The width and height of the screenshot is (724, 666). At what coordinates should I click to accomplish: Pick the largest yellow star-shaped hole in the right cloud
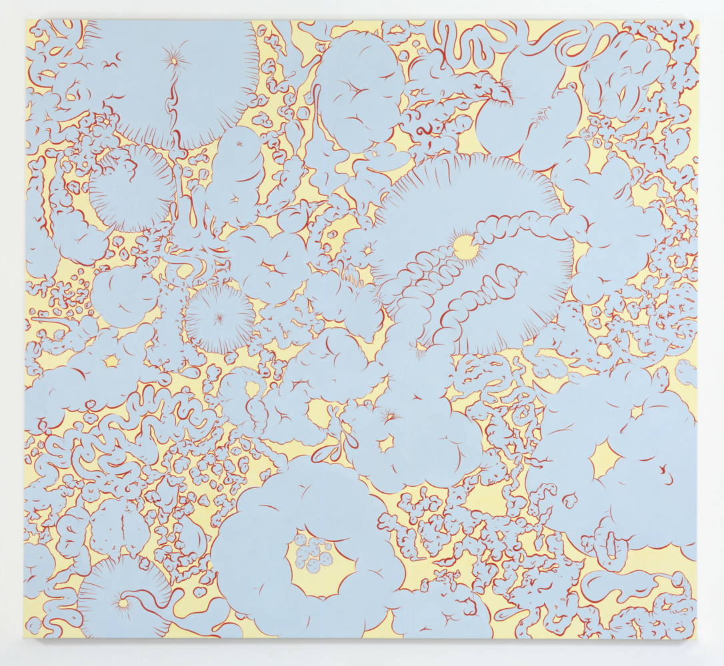coord(605,458)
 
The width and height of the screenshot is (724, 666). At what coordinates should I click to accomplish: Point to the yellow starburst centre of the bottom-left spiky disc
coord(121,603)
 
